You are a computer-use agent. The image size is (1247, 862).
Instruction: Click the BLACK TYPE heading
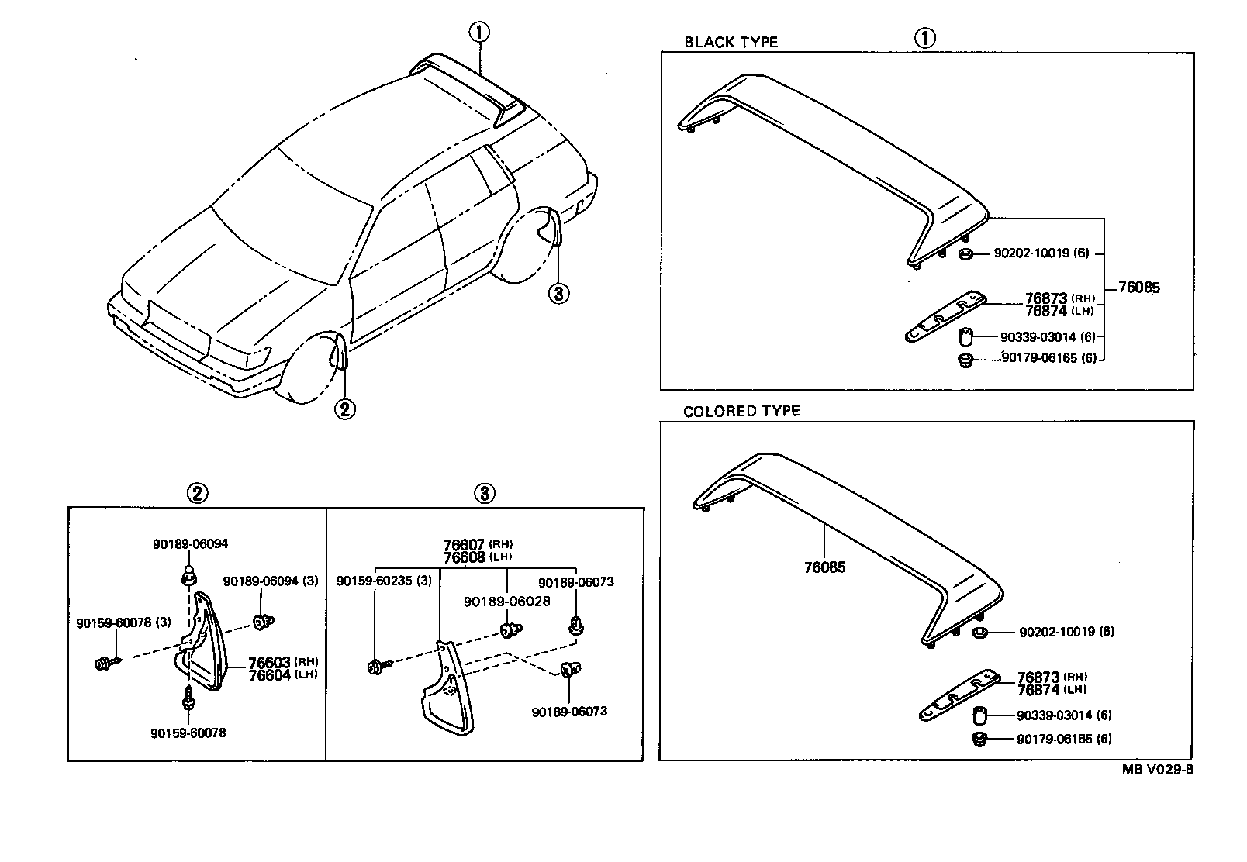[731, 42]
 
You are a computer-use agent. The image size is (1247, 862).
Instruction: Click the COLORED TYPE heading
[741, 411]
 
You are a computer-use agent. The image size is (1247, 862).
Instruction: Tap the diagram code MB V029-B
[1156, 770]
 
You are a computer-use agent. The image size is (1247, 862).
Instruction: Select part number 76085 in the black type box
[1139, 288]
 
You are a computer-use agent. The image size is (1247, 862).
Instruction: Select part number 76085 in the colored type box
[824, 567]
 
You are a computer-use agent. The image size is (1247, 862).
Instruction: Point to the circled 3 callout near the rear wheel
[558, 293]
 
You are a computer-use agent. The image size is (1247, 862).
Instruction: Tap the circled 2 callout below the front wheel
[344, 408]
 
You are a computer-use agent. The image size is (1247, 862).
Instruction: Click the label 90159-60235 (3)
[384, 581]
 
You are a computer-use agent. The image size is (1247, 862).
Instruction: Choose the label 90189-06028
[506, 602]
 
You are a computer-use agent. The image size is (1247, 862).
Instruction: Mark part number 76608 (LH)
[478, 557]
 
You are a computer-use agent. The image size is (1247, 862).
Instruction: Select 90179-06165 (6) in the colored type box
[1064, 739]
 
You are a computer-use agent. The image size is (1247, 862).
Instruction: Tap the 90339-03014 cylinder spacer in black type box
[966, 337]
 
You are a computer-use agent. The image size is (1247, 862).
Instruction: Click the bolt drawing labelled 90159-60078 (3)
[105, 664]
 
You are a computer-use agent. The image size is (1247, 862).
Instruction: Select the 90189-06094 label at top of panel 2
[190, 544]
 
